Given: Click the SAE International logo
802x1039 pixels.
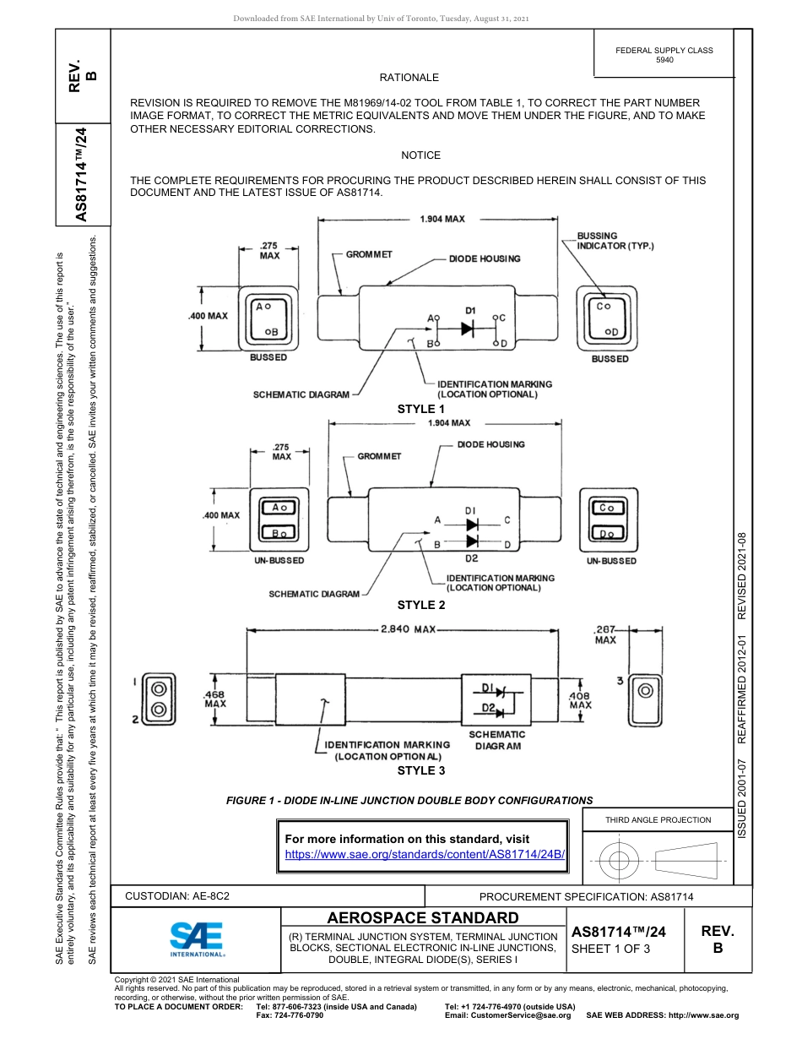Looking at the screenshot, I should (197, 938).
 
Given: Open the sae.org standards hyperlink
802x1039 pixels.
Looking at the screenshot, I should (425, 854).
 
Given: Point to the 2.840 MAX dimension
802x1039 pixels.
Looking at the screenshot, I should (408, 629).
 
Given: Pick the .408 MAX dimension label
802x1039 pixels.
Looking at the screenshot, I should (580, 699).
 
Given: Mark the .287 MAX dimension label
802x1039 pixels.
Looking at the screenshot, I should (605, 634).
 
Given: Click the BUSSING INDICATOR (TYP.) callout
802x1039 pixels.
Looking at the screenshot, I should (615, 241).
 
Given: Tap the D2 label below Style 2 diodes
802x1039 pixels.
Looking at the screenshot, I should (471, 558).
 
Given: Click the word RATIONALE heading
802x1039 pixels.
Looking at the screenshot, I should (409, 78).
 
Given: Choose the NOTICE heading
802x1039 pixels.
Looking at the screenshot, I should (421, 155).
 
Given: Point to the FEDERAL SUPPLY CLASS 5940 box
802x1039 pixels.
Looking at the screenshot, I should (664, 55).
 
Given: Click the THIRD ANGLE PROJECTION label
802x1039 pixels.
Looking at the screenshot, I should (658, 819).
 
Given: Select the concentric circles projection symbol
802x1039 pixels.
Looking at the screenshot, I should (620, 861).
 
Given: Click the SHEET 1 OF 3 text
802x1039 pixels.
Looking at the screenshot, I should (610, 949).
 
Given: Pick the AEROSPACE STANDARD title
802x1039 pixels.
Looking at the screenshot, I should (423, 918).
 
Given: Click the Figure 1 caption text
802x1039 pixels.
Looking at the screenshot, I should (409, 800).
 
